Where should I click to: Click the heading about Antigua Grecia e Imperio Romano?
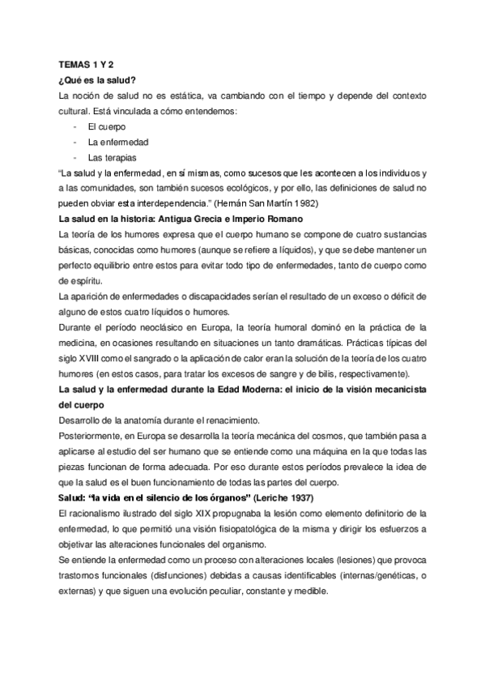(x=181, y=219)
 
